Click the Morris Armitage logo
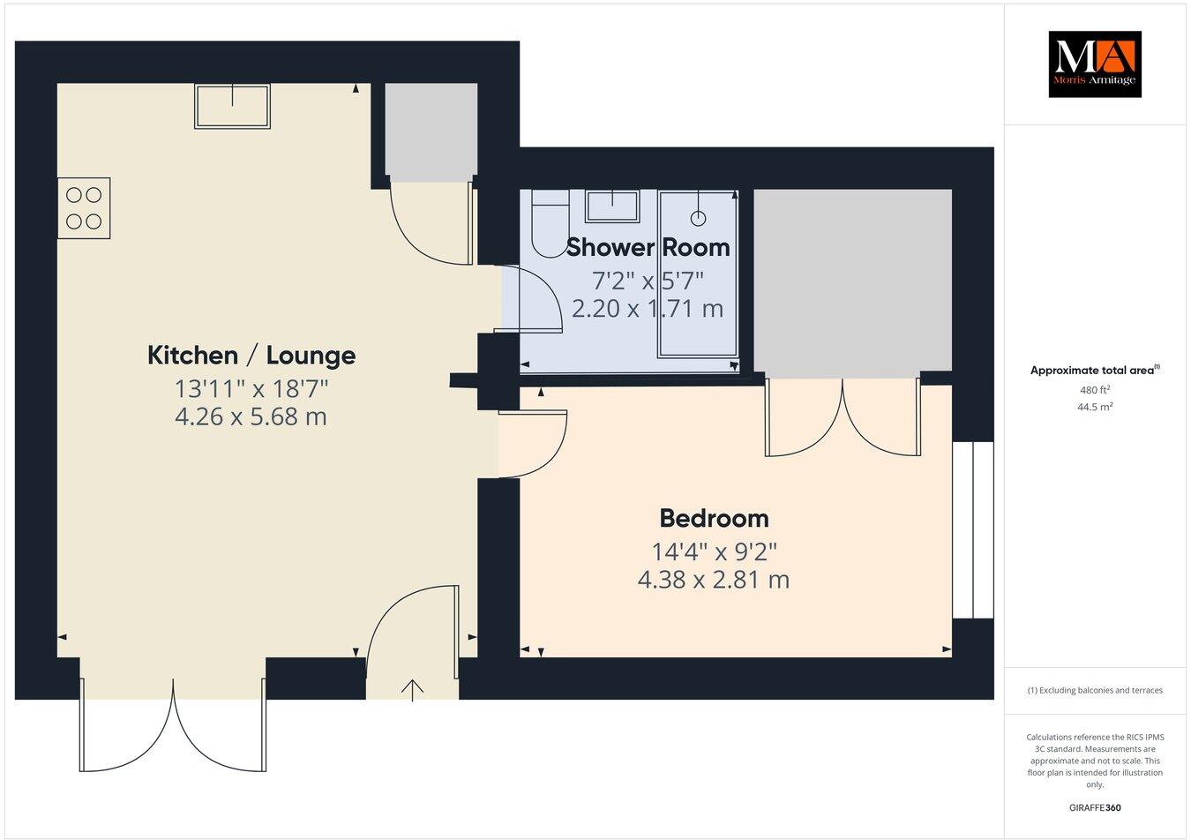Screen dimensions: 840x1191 pos(1094,64)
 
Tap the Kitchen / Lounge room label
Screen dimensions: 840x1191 pos(251,356)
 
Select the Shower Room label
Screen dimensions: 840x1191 pos(648,248)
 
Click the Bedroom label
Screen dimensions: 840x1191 pos(714,518)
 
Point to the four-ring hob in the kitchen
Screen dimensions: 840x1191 pos(84,208)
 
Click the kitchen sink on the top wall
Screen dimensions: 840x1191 pos(233,106)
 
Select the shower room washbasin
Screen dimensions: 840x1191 pos(613,206)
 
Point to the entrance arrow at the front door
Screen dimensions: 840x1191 pos(412,689)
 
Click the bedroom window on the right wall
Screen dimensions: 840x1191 pos(972,529)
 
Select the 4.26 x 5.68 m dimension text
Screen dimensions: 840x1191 pos(251,416)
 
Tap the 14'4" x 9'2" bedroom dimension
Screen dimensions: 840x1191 pos(714,552)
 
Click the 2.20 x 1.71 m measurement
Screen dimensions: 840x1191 pos(648,309)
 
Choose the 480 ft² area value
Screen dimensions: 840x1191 pos(1095,389)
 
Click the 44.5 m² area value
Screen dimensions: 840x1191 pos(1095,407)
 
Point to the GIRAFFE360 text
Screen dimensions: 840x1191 pos(1095,806)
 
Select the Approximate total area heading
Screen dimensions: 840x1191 pos(1095,371)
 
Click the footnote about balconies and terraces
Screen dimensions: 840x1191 pos(1095,690)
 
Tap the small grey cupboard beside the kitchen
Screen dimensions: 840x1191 pos(431,129)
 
